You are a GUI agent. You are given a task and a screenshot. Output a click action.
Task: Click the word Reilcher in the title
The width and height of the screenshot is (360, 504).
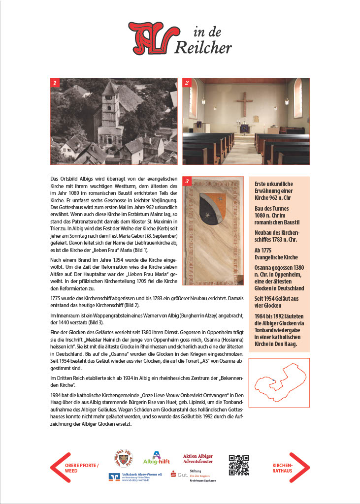[x=203, y=46]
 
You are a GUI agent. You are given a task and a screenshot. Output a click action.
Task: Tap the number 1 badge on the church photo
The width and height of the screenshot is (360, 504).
[x=55, y=83]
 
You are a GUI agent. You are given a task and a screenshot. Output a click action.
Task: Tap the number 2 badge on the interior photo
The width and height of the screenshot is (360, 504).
[x=187, y=83]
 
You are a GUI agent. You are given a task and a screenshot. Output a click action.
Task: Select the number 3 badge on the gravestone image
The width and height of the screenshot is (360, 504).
[x=187, y=182]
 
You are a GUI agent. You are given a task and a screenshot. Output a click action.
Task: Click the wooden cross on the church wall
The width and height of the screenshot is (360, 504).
[x=244, y=104]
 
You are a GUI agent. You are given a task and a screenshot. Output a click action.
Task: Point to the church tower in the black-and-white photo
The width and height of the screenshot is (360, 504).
[x=109, y=113]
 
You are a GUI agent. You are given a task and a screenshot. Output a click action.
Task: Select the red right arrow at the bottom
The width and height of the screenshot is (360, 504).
[x=302, y=467]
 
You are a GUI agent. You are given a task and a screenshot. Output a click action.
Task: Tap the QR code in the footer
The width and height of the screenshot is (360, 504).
[x=239, y=465]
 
